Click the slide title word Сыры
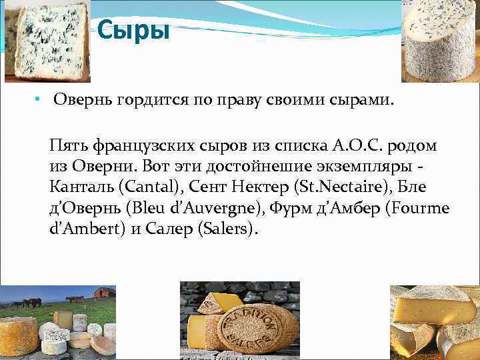(x=133, y=30)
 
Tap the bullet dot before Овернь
(x=39, y=99)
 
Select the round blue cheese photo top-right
(x=439, y=40)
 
